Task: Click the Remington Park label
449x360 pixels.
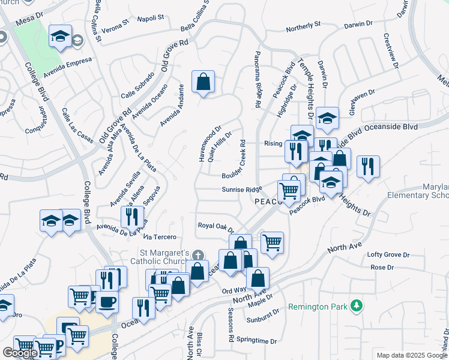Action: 318,307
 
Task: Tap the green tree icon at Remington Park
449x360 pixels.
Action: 357,306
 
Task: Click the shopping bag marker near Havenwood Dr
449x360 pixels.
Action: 203,82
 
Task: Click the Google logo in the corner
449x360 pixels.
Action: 20,353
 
